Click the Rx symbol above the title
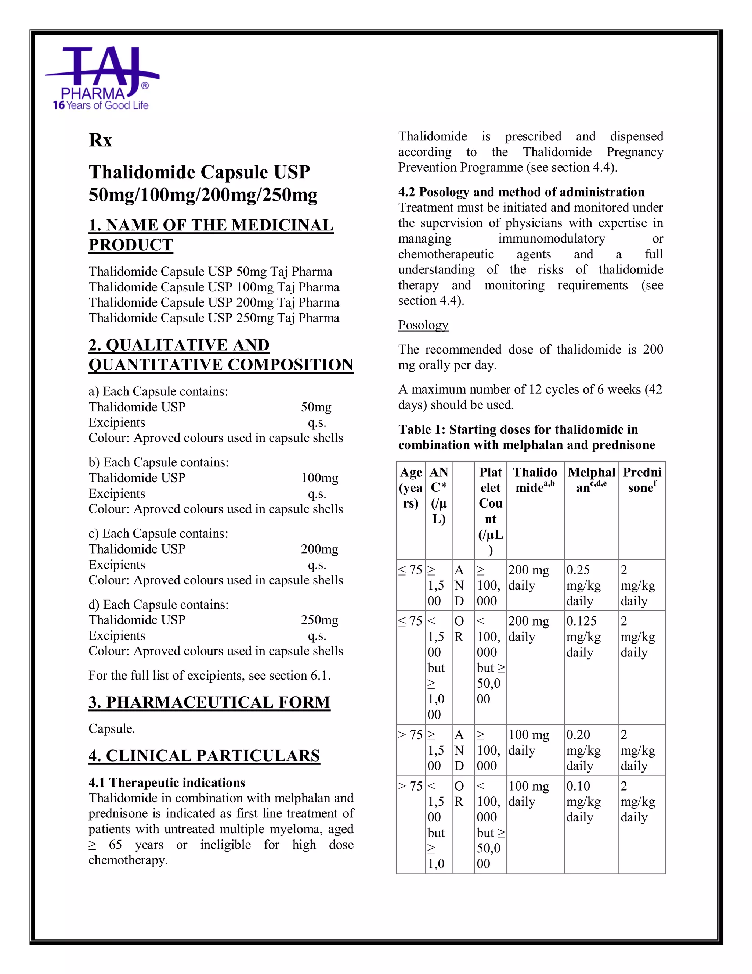[100, 140]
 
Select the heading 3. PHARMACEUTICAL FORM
[209, 702]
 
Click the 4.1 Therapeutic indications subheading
[167, 782]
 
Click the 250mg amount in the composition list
[319, 620]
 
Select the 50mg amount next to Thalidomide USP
[316, 407]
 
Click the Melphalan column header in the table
[591, 480]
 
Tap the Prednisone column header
[641, 480]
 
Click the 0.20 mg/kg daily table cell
[583, 750]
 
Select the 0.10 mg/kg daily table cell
[583, 801]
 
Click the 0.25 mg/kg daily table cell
[583, 585]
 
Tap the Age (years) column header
[410, 487]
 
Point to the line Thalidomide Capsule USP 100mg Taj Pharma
[214, 287]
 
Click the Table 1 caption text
[526, 437]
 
